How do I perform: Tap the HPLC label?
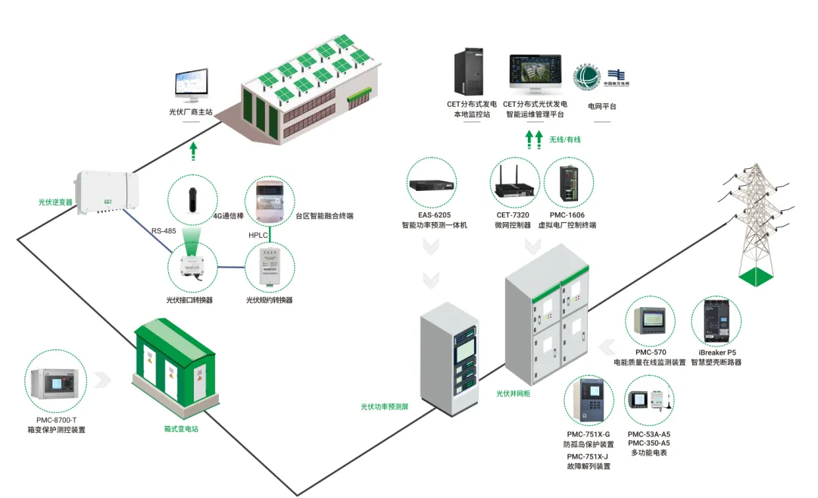point(259,235)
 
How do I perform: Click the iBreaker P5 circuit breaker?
point(716,323)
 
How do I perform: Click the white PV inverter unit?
point(107,193)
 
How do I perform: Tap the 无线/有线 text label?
point(565,139)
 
